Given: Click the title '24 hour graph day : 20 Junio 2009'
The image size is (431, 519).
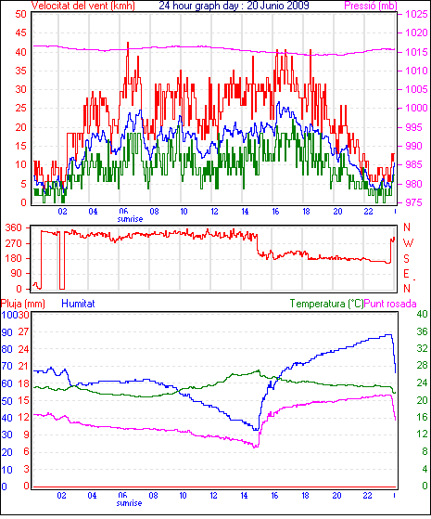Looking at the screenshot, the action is pos(234,6).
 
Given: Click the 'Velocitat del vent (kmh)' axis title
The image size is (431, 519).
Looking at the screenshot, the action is pos(83,6).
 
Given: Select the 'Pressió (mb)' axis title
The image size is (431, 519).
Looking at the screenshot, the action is pos(371,6).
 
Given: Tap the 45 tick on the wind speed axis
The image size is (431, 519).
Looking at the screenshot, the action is pos(20,32).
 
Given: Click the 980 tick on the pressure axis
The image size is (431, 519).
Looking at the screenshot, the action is pos(412,184).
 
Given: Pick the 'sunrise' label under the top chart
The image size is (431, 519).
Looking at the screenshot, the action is pos(130,219).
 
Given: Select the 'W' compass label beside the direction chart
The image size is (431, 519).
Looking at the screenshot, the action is pos(408,243).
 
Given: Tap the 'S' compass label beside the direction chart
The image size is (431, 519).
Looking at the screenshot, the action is pos(407,258).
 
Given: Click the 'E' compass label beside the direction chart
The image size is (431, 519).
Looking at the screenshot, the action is pos(407,273).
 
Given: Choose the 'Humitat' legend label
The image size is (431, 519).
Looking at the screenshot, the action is pos(79,304).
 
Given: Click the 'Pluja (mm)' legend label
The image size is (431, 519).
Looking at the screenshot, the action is pos(23,304).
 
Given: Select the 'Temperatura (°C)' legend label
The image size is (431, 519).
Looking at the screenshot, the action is pos(326,304).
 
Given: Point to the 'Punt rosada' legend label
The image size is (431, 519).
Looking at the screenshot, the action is pos(390,304).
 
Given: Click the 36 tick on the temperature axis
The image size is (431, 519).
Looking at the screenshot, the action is pos(422,331).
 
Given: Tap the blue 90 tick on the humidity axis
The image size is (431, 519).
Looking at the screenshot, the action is pos(6,332).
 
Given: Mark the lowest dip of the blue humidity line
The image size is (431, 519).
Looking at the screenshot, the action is pos(256,430).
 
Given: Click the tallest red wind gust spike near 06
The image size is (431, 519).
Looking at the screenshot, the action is pos(128,43).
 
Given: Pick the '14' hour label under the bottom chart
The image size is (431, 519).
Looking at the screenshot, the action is pos(244,496).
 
